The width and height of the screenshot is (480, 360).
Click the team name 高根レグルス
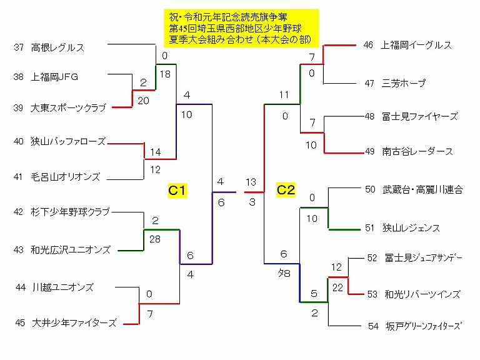[x=57, y=47]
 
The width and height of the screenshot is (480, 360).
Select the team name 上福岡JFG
[x=54, y=77]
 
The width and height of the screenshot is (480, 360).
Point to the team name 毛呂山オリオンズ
[x=65, y=177]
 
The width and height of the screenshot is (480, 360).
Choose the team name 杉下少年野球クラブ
[x=70, y=212]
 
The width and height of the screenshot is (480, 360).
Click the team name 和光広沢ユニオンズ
[x=70, y=250]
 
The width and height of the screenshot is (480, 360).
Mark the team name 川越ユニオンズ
[x=63, y=287]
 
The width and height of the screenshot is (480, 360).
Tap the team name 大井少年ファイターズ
[x=74, y=323]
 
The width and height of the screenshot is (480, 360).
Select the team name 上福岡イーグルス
[x=416, y=45]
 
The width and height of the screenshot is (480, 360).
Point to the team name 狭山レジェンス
[x=411, y=228]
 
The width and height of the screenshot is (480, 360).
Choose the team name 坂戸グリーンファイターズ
[x=423, y=326]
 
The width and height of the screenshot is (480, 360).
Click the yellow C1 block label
[x=177, y=190]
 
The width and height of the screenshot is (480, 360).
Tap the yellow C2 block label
[x=286, y=190]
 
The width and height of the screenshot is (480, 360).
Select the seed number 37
[x=17, y=47]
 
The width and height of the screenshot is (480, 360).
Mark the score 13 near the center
[x=251, y=182]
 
